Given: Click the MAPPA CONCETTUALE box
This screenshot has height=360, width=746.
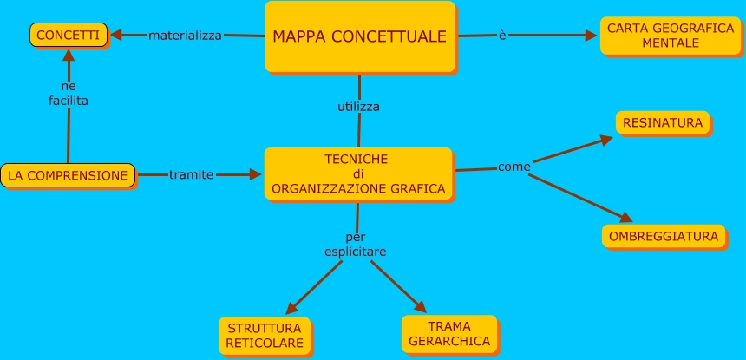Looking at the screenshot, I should click(359, 36).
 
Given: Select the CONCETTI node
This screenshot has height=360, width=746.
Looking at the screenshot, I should click(68, 35).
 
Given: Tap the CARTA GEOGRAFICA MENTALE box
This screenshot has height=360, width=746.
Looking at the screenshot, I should click(671, 36).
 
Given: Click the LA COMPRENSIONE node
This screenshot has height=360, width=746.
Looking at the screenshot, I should click(68, 175).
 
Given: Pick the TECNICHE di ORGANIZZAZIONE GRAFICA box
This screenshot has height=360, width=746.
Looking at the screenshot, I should click(357, 173).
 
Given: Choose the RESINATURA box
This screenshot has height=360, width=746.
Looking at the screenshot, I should click(663, 122).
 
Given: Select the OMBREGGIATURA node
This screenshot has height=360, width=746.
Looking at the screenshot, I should click(664, 236).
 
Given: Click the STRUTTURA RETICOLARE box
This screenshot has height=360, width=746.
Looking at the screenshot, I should click(265, 336).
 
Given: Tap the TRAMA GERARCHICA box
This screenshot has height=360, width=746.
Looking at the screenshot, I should click(448, 333).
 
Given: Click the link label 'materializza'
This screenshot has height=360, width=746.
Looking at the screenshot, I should click(185, 36).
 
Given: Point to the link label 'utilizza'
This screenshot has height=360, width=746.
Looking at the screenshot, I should click(358, 107).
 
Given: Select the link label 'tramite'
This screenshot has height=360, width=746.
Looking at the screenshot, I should click(191, 174).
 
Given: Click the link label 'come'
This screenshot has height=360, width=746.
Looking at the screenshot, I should click(514, 166).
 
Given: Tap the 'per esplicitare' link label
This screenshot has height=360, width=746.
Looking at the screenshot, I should click(356, 244).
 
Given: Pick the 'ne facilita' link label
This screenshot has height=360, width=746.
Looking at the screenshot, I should click(69, 94).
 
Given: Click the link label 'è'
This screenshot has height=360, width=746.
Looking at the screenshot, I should click(502, 35).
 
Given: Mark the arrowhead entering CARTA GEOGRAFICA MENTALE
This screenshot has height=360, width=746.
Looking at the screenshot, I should click(592, 36).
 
